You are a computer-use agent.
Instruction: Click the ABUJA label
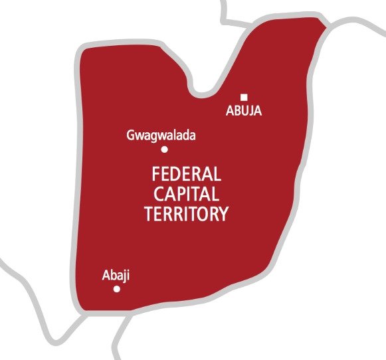pos(244,112)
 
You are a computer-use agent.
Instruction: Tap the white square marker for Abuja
pos(244,98)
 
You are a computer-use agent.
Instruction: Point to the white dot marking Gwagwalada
pos(164,149)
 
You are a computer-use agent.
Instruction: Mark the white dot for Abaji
pos(117,289)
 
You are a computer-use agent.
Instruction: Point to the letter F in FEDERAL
pos(155,175)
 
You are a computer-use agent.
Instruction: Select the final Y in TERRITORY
pos(224,214)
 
